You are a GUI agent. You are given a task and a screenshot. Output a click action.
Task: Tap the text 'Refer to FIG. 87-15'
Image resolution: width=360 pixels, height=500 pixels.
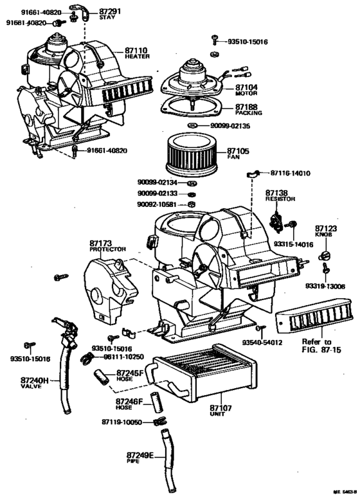[x=318, y=346]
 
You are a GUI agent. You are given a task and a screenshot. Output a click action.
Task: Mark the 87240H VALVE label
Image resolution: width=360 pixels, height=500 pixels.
[x=35, y=383]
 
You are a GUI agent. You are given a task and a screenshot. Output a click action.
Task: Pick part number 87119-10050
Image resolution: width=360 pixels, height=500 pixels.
[x=125, y=422]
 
